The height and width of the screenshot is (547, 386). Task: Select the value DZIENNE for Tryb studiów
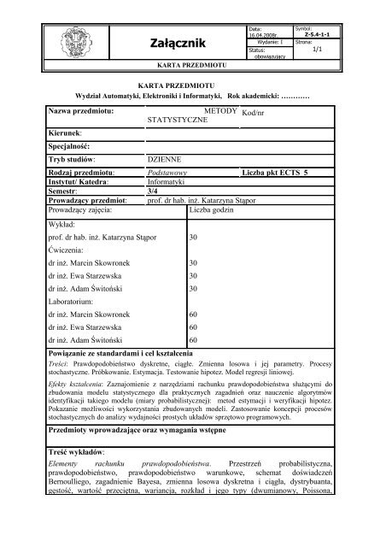click(166, 159)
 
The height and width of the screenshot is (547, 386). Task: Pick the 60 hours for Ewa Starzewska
click(193, 327)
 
